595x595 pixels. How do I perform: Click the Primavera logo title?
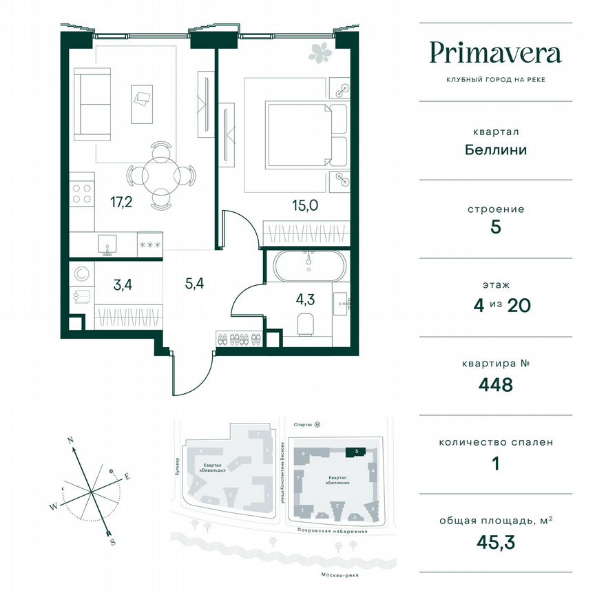[495, 53]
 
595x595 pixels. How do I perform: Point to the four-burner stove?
[82, 192]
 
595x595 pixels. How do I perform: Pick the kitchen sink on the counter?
[107, 243]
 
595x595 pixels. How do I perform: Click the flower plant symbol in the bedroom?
[319, 51]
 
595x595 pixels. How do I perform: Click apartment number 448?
[496, 384]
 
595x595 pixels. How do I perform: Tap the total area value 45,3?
[496, 541]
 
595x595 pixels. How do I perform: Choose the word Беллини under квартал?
[496, 149]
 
